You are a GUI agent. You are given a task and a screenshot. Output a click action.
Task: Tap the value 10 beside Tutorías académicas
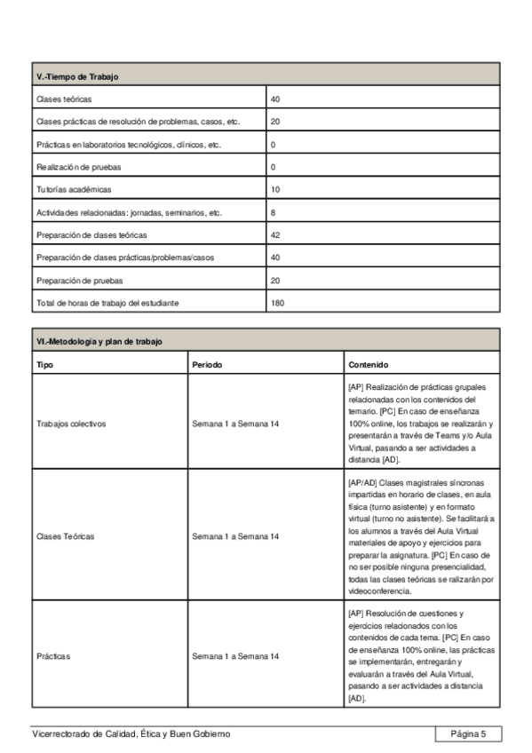(x=275, y=190)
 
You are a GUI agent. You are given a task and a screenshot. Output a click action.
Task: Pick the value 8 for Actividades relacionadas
(x=274, y=213)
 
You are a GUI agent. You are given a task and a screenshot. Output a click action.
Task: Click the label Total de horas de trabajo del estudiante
(x=107, y=304)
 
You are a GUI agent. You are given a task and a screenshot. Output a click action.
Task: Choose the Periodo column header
(x=207, y=364)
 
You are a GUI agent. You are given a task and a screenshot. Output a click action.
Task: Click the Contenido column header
(x=368, y=364)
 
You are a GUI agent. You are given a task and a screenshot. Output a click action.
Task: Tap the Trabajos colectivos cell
(x=71, y=424)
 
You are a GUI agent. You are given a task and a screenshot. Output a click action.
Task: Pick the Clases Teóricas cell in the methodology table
(x=67, y=536)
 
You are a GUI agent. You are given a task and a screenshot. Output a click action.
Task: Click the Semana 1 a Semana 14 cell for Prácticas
(x=235, y=656)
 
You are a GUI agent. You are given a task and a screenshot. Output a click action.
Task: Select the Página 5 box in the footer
(x=468, y=733)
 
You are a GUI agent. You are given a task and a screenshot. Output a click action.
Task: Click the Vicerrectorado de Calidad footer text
(x=131, y=733)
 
